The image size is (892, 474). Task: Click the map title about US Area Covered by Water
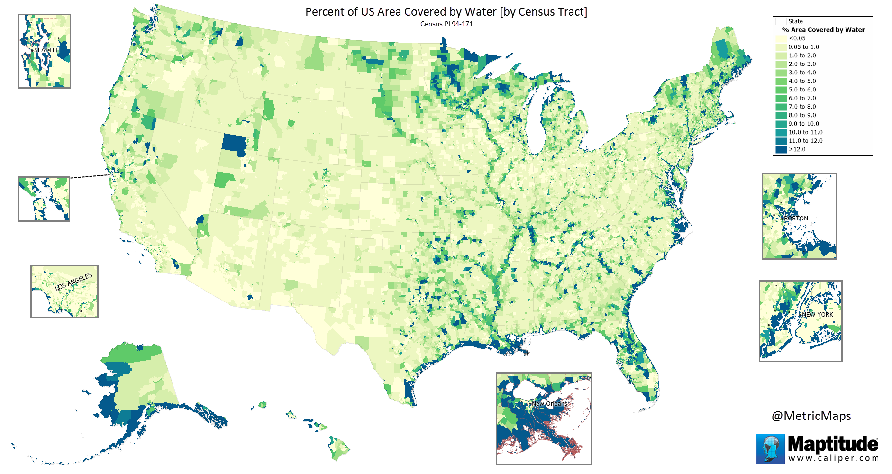point(446,12)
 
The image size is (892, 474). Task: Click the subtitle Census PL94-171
point(446,24)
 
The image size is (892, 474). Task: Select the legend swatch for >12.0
point(781,149)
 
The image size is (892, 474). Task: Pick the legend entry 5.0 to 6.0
point(802,90)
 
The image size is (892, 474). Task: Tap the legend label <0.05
point(797,38)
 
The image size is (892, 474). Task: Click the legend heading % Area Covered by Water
point(823,30)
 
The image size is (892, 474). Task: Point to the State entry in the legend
point(795,21)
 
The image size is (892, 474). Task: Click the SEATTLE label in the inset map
point(46,50)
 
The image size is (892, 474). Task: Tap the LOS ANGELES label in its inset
point(73,282)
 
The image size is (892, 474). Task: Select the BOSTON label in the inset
point(796,219)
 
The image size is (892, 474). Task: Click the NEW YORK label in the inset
point(817,315)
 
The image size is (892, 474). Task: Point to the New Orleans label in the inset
point(549,404)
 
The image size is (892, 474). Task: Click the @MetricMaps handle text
point(811,416)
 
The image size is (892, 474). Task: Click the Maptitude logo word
point(833,445)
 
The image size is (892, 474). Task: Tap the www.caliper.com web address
point(833,458)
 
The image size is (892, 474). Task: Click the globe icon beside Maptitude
point(770,448)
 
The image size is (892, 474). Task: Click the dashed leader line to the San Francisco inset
point(90,176)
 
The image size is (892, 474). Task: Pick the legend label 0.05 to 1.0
point(803,47)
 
